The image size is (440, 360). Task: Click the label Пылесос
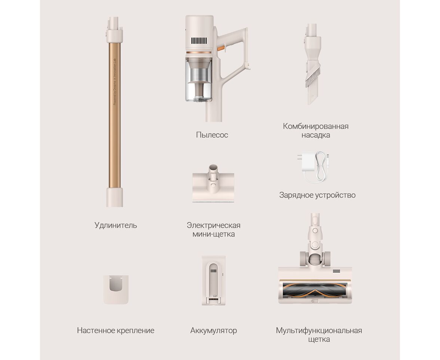coord(212,135)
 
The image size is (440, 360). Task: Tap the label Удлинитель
coord(116,225)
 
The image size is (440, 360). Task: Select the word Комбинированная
coord(316,126)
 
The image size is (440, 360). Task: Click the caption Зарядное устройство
coord(317,195)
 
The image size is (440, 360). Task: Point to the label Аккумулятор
coord(214,330)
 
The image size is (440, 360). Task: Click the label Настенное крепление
coord(116,330)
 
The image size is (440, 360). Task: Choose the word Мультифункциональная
coord(319,330)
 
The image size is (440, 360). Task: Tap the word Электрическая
coord(214,225)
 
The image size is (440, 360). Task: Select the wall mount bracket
coord(116,290)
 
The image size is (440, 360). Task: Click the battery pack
coord(214,280)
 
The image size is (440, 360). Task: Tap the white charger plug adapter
coord(307,162)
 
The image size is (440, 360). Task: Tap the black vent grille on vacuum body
coord(199,41)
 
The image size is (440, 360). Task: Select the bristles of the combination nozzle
coord(313,77)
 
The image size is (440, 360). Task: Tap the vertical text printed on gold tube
coord(114,82)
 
